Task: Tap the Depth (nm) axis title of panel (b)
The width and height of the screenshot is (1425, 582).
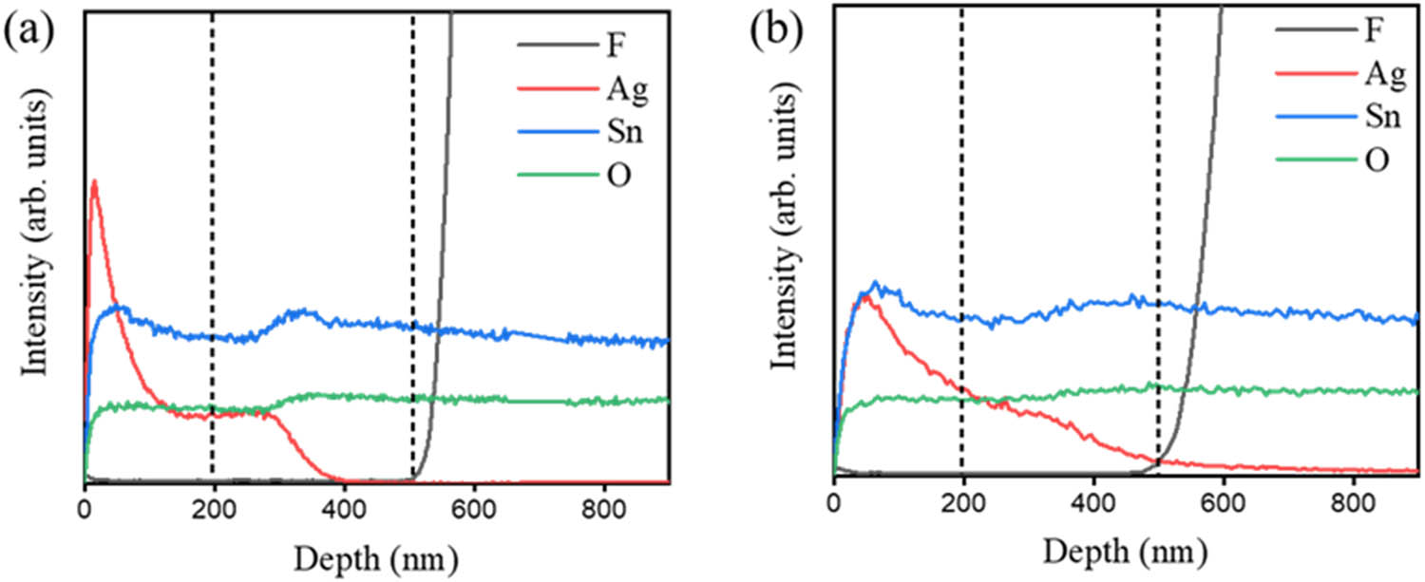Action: pyautogui.click(x=1126, y=550)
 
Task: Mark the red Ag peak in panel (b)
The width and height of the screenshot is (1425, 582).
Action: pyautogui.click(x=864, y=296)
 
